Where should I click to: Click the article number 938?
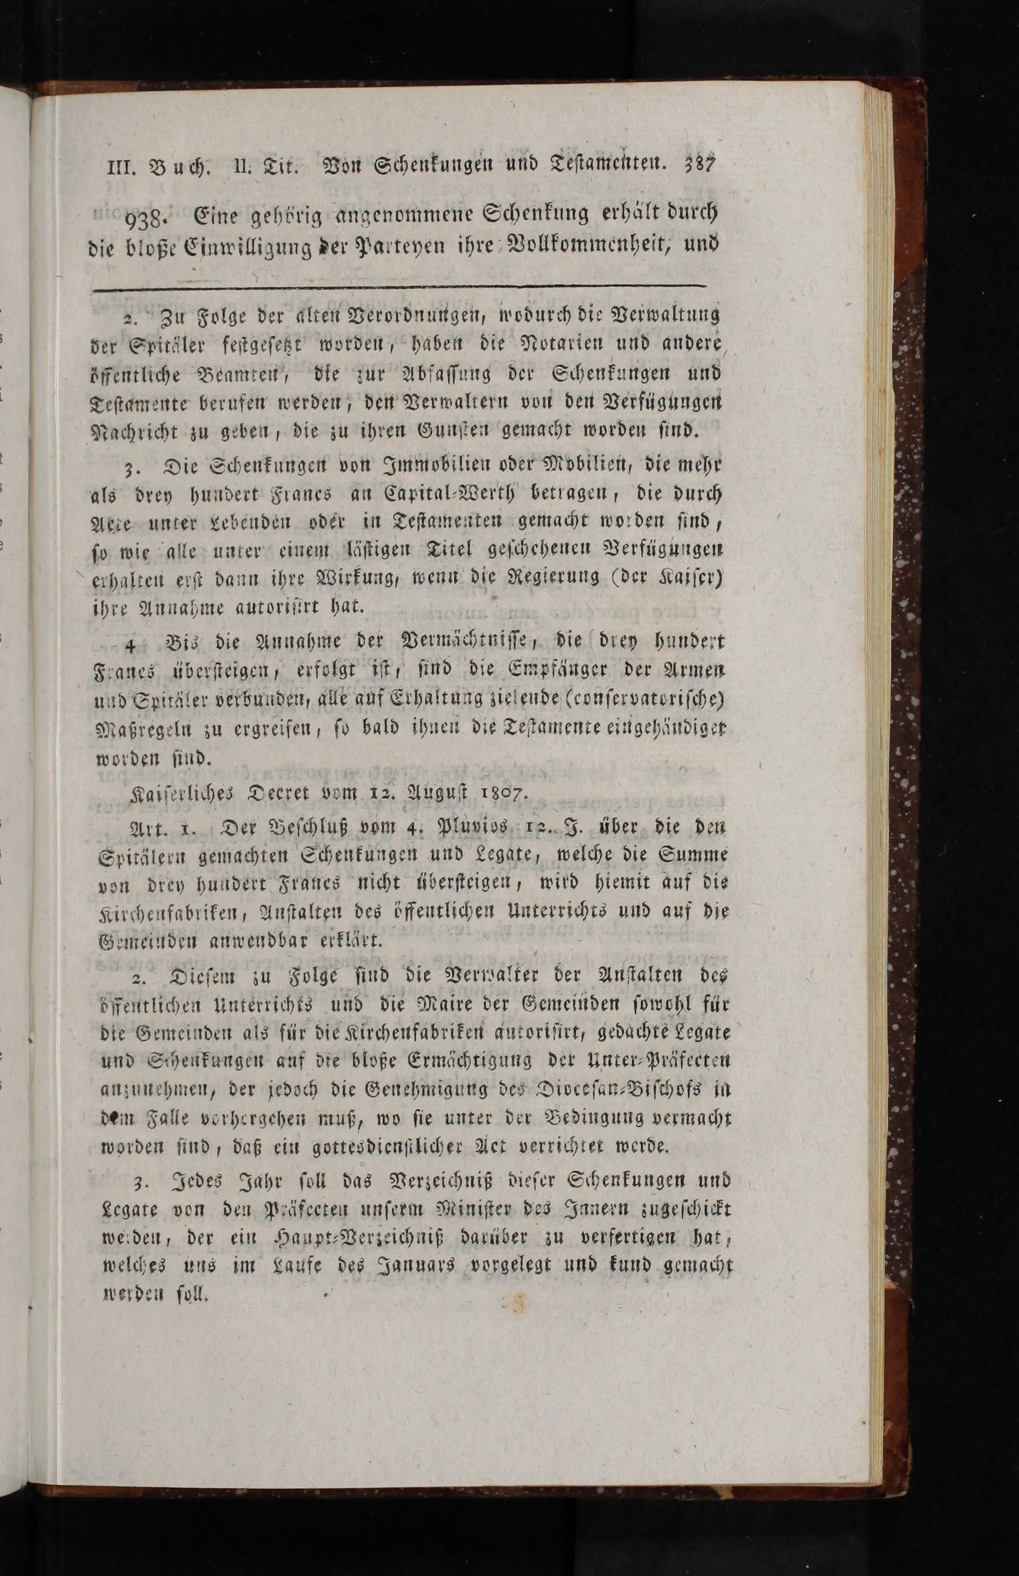[x=150, y=217]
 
